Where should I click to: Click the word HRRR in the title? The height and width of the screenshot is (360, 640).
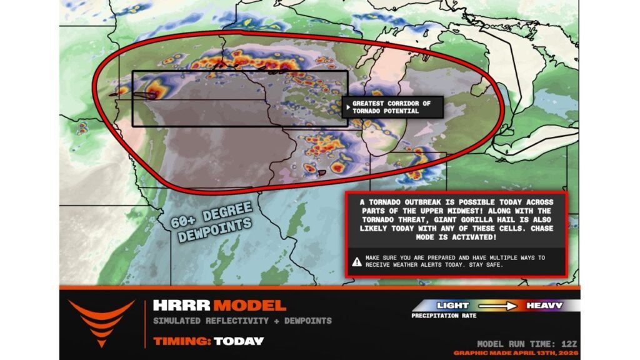[181, 306]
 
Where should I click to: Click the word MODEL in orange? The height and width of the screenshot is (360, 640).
[249, 306]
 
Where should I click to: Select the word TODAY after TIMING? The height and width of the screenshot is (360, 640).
[239, 341]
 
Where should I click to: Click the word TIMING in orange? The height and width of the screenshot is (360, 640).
[181, 341]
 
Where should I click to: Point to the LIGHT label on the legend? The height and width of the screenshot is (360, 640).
[453, 306]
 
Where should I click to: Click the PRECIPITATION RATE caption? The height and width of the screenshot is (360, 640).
[444, 316]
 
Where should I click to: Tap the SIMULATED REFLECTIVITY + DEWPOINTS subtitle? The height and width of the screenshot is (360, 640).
[242, 321]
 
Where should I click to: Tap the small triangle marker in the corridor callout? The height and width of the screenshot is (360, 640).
[347, 104]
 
